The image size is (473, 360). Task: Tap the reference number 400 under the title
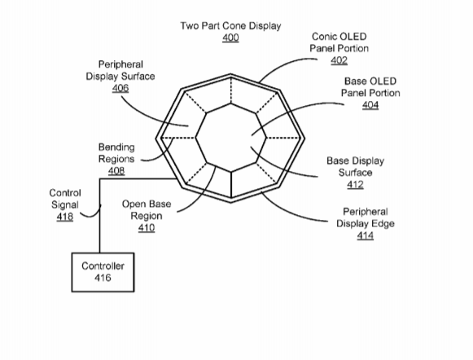coord(230,37)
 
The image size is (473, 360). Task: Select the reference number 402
coord(339,60)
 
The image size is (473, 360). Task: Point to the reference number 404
coord(370,105)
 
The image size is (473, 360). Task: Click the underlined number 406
coord(120,88)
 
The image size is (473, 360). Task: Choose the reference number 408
coord(116,171)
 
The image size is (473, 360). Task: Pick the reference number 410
coord(147,227)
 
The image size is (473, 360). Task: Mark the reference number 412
coord(355,184)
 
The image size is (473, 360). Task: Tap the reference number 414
coord(366,235)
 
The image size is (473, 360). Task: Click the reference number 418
coord(65,217)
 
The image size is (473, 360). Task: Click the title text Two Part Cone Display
coord(230,26)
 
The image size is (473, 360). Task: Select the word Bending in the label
coord(116,147)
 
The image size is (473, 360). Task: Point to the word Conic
coord(322,37)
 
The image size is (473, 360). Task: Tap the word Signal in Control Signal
coord(65,205)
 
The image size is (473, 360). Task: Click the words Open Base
coord(147,204)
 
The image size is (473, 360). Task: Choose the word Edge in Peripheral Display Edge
coord(384,224)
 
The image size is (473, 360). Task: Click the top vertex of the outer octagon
coord(230,74)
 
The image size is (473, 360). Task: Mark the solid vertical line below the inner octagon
coord(231,185)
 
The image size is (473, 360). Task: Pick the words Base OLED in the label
coord(370,81)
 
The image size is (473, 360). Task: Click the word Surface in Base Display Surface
coord(355,173)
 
